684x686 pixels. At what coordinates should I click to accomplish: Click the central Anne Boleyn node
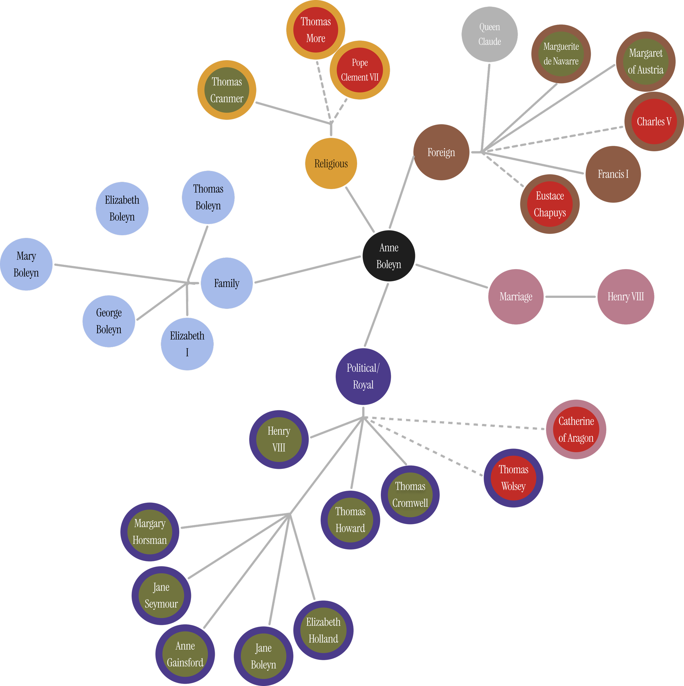tap(389, 256)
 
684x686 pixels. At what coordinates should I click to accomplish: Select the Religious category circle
tap(331, 164)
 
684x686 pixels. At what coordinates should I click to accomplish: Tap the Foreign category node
tap(441, 152)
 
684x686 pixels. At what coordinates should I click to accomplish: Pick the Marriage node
tap(516, 297)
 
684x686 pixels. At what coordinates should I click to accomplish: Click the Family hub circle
tap(227, 283)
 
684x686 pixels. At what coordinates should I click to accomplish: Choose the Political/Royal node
tap(363, 376)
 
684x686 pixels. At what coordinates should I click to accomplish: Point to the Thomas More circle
tap(316, 30)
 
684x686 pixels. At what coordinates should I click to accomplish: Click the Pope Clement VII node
tap(360, 70)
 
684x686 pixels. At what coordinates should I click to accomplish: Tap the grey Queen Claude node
tap(489, 34)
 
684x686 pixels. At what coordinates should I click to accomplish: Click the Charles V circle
tap(654, 121)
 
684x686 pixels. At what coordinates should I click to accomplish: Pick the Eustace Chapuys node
tap(550, 204)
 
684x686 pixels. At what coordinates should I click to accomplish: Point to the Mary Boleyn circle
tap(26, 264)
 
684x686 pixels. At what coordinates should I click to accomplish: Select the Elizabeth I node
tap(187, 344)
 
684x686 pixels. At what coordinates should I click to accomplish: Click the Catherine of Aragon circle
tap(576, 429)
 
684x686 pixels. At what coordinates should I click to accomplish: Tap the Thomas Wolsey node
tap(513, 478)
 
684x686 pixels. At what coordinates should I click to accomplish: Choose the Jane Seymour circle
tap(161, 595)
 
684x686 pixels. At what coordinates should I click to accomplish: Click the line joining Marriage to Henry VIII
tap(570, 297)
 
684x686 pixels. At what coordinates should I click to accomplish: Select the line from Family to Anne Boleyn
tap(307, 269)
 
